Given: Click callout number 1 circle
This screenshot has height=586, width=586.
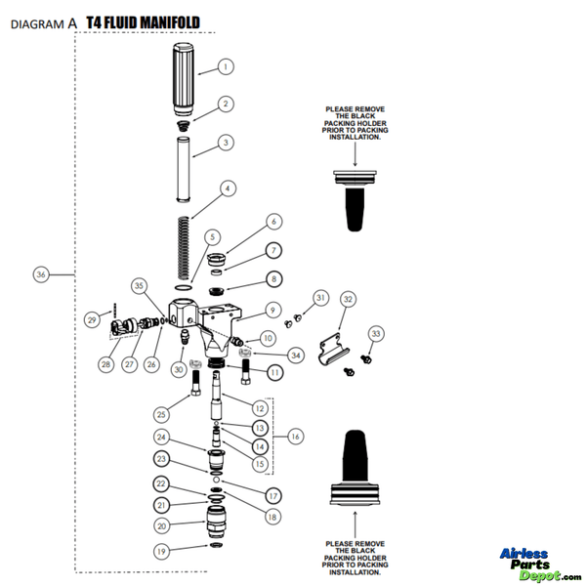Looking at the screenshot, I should (x=226, y=67).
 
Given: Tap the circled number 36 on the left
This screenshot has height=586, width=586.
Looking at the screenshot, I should (x=41, y=275).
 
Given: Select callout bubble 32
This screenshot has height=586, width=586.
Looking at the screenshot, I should (x=349, y=299).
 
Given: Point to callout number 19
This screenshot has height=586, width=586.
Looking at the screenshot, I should (x=161, y=551).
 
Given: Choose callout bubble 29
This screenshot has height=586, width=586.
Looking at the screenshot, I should (x=92, y=319).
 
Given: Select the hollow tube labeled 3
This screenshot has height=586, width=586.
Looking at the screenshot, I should (x=187, y=167).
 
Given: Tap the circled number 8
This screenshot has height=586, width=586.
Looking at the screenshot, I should (x=273, y=278).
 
